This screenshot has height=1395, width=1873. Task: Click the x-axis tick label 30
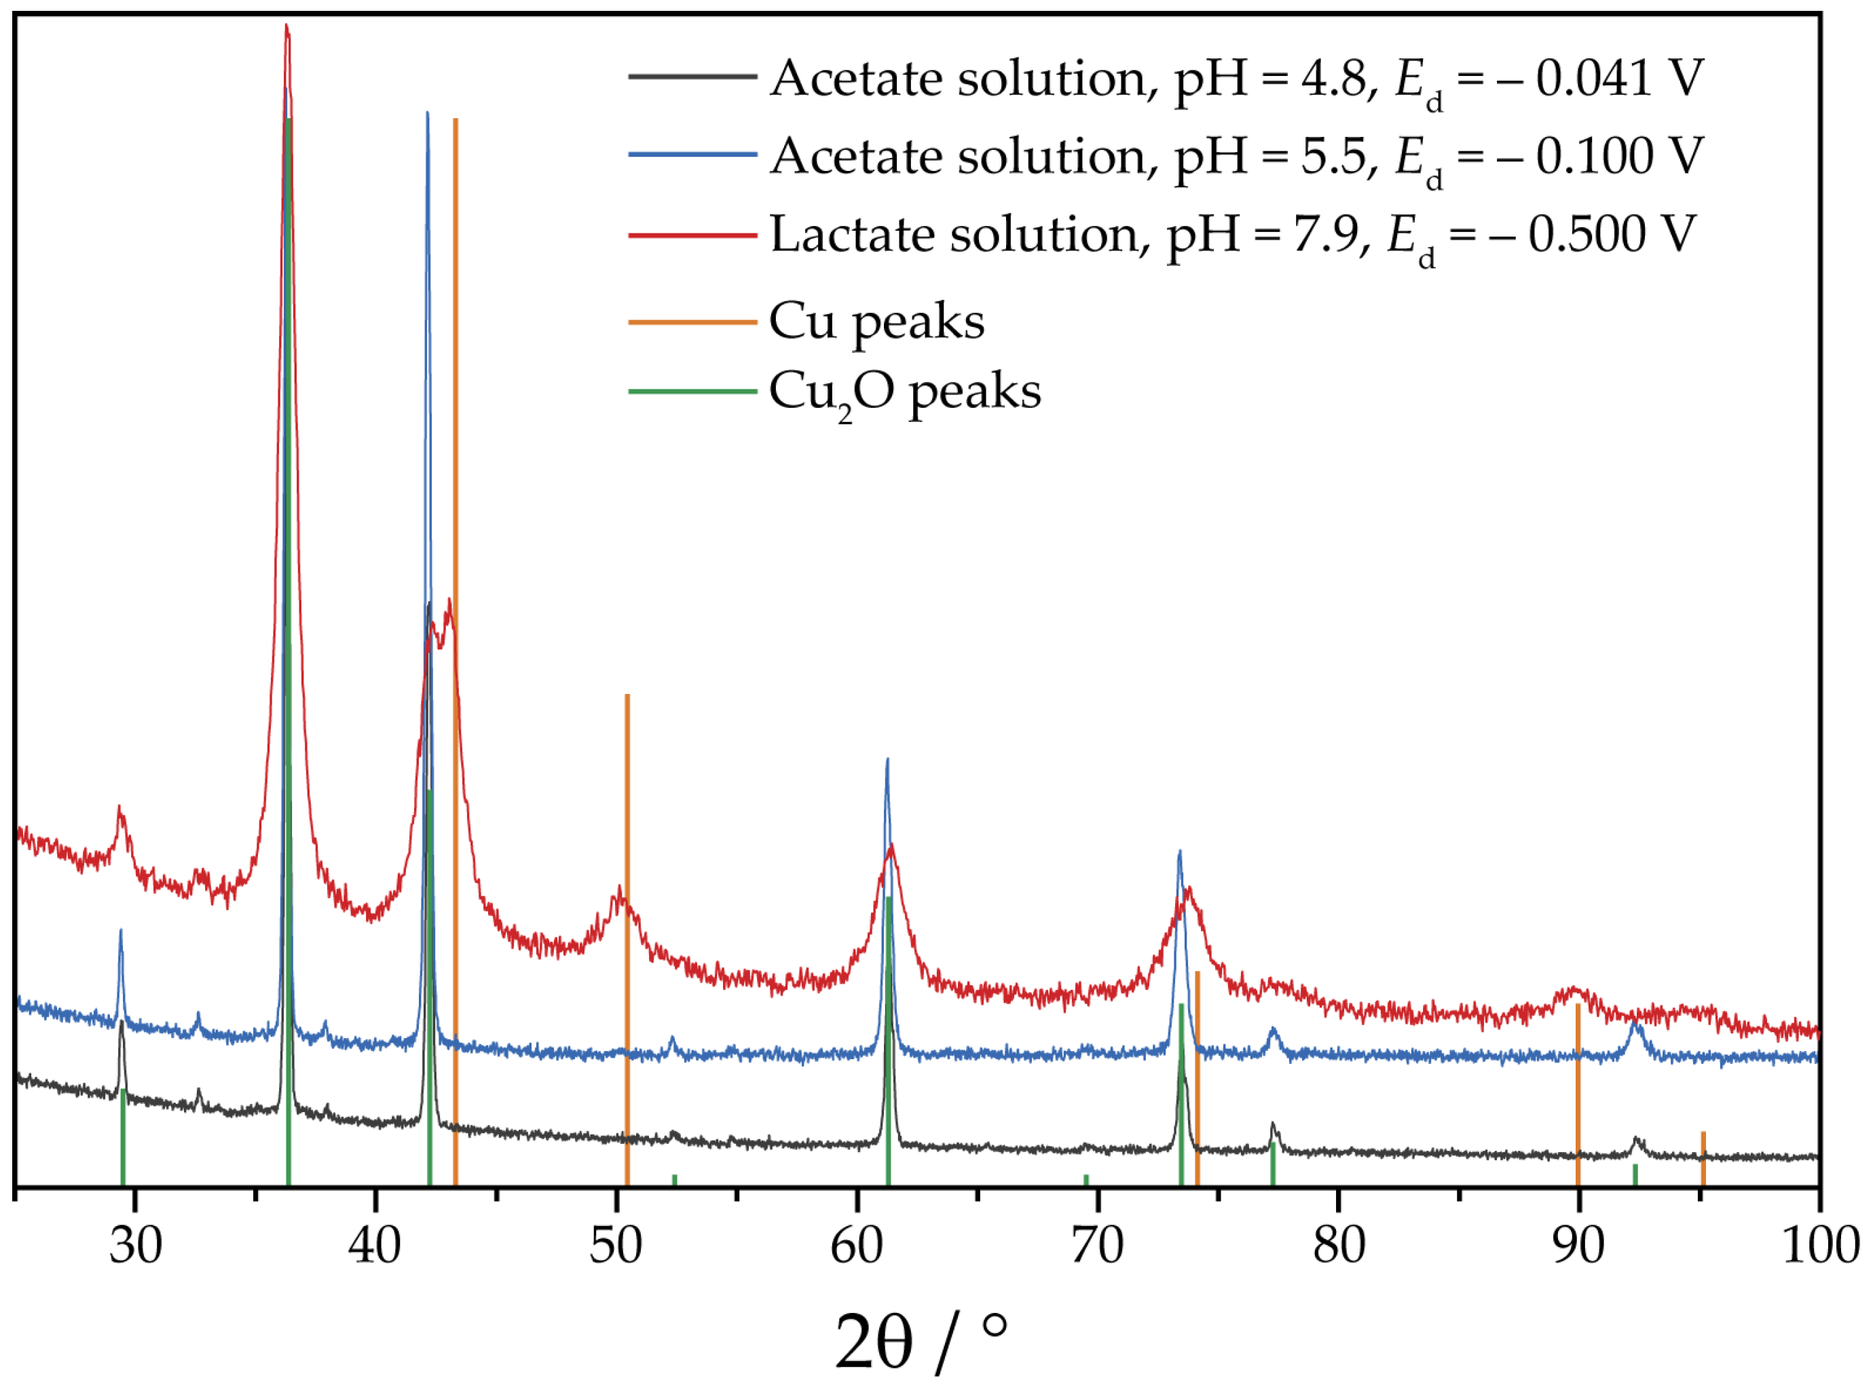tap(135, 1246)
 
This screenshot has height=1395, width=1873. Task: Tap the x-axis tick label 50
tap(616, 1246)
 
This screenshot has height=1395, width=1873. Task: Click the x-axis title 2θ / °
tap(921, 1343)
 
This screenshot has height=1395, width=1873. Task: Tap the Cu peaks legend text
tap(876, 322)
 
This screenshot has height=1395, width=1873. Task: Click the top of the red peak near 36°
tap(286, 27)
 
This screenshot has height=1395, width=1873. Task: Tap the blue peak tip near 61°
tap(887, 760)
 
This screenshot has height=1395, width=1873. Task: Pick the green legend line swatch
tap(692, 391)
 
